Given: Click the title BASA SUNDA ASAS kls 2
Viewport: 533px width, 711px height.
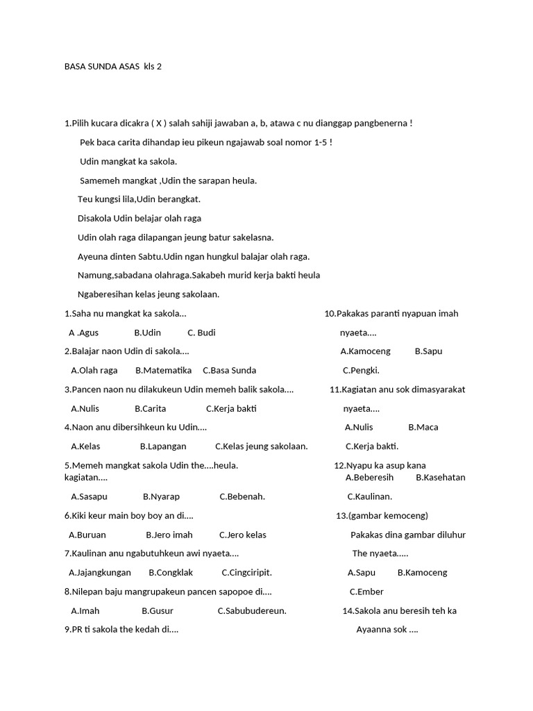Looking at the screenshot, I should click(x=112, y=67).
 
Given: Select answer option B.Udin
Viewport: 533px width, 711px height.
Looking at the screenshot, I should click(x=147, y=333).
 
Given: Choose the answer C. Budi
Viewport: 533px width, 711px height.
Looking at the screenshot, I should click(x=201, y=333).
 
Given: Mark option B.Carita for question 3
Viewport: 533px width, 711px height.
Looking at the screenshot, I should click(x=150, y=409).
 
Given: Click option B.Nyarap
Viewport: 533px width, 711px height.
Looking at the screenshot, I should click(x=161, y=497).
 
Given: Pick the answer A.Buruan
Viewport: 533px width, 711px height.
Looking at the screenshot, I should click(x=87, y=535).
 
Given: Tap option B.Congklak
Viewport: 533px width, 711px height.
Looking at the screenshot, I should click(x=171, y=573).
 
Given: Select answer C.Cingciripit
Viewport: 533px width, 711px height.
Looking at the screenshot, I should click(x=246, y=573).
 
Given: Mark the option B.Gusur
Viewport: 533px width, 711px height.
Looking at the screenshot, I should click(x=158, y=611).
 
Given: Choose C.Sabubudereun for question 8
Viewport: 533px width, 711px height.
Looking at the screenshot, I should click(x=252, y=611).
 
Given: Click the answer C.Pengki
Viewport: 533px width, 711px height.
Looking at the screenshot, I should click(x=361, y=371).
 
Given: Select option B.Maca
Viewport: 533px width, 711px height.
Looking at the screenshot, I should click(x=423, y=428).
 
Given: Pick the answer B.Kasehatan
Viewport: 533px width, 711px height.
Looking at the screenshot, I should click(x=441, y=478).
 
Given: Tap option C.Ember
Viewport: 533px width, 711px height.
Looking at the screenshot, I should click(x=366, y=592).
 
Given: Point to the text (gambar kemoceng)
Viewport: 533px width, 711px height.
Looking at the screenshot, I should click(x=382, y=516).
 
